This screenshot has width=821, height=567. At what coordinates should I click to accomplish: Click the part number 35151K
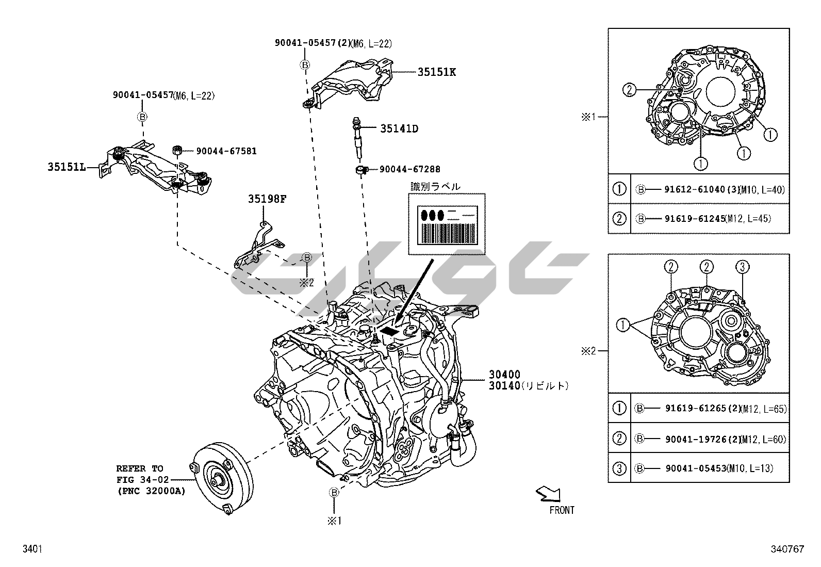[x=436, y=72]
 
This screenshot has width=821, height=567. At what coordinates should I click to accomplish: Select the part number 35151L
[x=66, y=167]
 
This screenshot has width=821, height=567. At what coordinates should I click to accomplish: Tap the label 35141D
[x=399, y=128]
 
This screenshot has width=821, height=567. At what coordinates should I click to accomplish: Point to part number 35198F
[x=267, y=199]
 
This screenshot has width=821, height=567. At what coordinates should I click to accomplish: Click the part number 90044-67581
[x=226, y=151]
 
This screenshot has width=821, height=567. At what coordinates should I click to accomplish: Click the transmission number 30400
[x=505, y=374]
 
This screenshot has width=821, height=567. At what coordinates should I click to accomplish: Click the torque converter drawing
[x=221, y=478]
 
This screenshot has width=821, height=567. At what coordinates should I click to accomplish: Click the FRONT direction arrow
[x=548, y=495]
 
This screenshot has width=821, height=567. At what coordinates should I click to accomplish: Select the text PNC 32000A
[x=151, y=491]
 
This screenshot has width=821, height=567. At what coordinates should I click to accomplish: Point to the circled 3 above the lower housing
[x=742, y=267]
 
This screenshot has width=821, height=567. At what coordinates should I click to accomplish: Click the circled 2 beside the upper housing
[x=629, y=90]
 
